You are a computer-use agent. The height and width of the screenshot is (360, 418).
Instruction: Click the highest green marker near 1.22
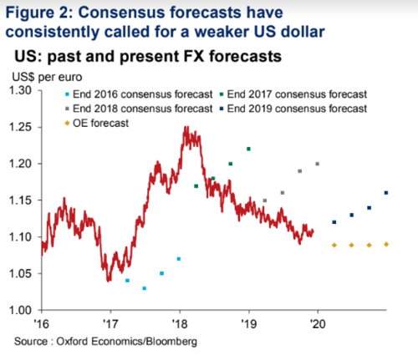click(248, 149)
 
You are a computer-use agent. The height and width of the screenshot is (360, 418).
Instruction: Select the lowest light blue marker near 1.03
click(145, 288)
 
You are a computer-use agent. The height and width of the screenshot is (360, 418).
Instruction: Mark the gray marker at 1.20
click(317, 164)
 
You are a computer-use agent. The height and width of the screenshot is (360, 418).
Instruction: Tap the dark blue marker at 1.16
click(385, 193)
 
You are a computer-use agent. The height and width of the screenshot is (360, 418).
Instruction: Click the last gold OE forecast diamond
click(385, 244)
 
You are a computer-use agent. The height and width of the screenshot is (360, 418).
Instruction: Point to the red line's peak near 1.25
click(186, 129)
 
